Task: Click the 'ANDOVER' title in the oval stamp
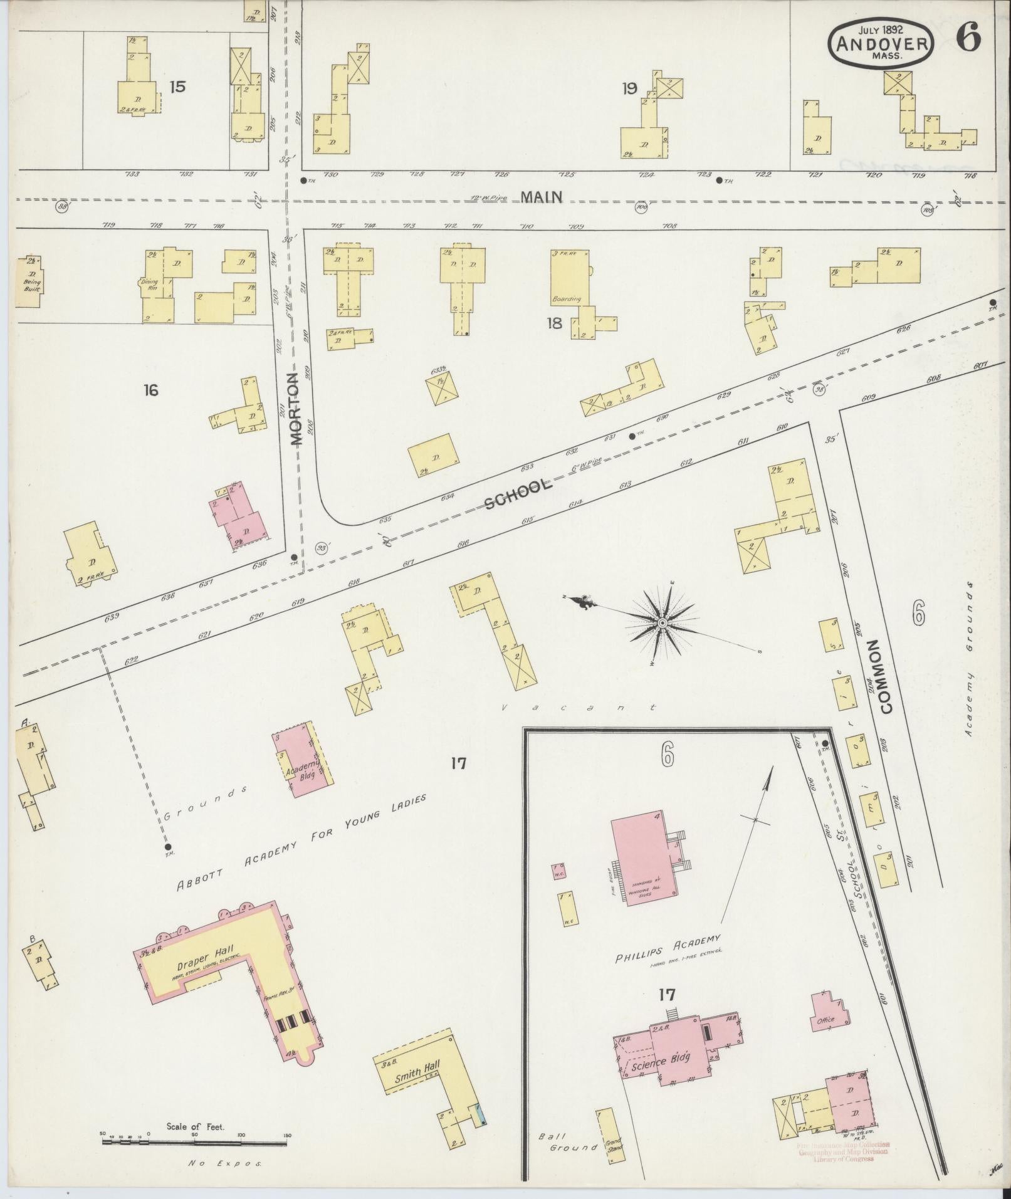point(881,44)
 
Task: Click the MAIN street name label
point(541,197)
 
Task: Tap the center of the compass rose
point(662,622)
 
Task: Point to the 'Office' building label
point(825,1020)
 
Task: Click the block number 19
point(630,88)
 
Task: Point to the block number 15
point(177,86)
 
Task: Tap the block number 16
point(150,390)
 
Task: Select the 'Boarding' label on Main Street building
point(567,298)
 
